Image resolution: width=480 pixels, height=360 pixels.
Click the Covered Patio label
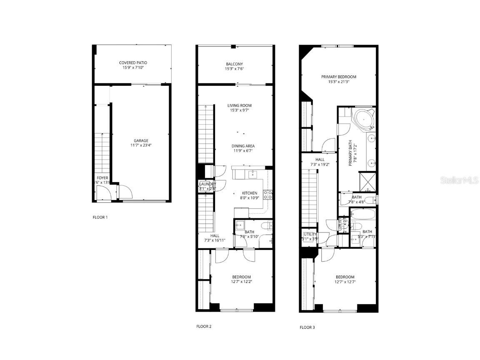133,63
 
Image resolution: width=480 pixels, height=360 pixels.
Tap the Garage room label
141,141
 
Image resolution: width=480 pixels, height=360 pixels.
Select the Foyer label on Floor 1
102,178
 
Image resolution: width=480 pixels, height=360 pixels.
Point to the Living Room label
239,105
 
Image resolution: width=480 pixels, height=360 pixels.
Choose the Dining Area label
243,146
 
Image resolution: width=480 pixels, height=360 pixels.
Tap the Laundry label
207,184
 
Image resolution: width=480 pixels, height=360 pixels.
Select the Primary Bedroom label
338,77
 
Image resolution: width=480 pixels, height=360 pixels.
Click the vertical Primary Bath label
350,153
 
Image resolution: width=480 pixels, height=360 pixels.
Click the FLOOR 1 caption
100,217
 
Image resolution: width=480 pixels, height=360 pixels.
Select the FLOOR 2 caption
204,326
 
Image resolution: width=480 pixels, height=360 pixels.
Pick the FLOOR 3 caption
307,327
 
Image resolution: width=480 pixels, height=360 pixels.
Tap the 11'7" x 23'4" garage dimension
141,146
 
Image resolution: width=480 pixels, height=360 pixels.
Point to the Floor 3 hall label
320,159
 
